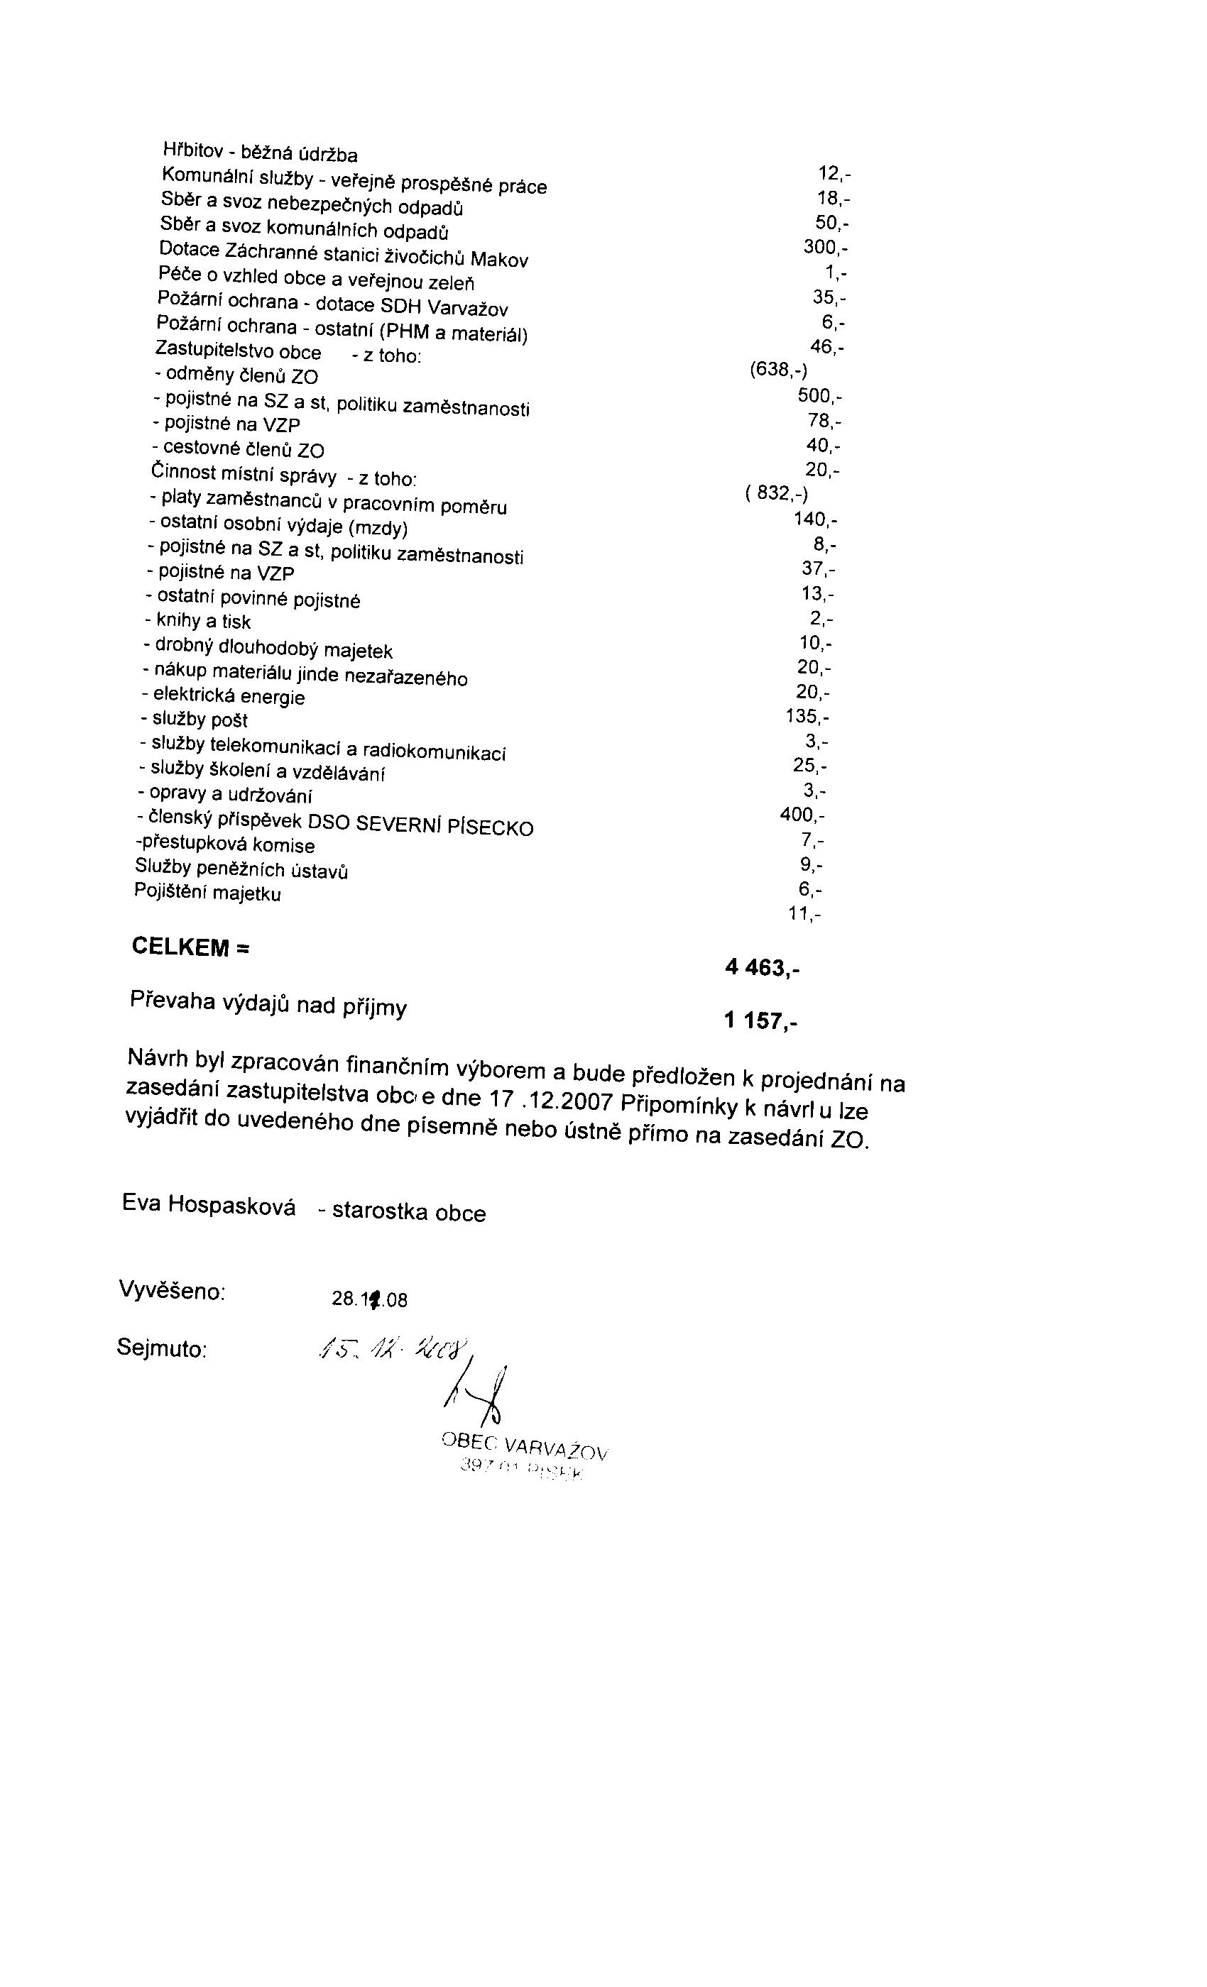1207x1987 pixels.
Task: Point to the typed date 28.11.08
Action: coord(369,1299)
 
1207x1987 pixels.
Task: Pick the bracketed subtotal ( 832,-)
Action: coord(776,492)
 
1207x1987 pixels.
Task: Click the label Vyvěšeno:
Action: coord(172,1290)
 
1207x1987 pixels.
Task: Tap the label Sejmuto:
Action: coord(162,1348)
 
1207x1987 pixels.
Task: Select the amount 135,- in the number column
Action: coord(807,716)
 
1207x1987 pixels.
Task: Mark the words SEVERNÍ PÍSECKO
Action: coord(444,825)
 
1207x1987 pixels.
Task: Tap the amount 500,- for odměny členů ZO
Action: coord(821,395)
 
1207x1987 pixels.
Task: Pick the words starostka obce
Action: coord(408,1212)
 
